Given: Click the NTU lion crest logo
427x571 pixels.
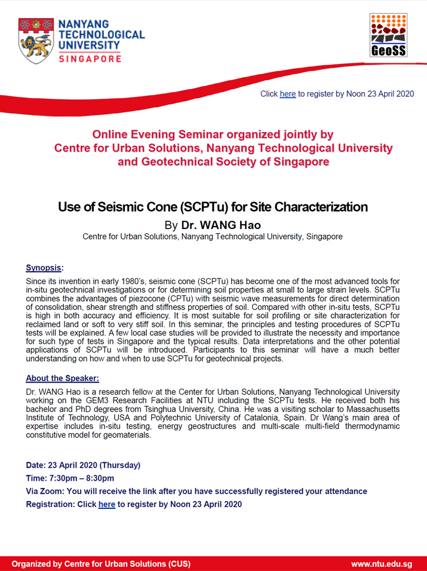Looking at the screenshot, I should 36,41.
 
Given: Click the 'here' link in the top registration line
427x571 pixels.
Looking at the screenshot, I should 288,94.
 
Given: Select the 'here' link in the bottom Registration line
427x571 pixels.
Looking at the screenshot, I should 107,504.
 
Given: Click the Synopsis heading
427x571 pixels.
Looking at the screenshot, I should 44,268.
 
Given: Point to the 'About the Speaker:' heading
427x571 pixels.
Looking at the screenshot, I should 62,378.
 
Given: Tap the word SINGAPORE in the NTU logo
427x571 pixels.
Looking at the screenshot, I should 90,59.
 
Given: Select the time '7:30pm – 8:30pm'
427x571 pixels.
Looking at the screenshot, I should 81,478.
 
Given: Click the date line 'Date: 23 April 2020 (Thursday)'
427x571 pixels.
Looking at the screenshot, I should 83,465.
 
